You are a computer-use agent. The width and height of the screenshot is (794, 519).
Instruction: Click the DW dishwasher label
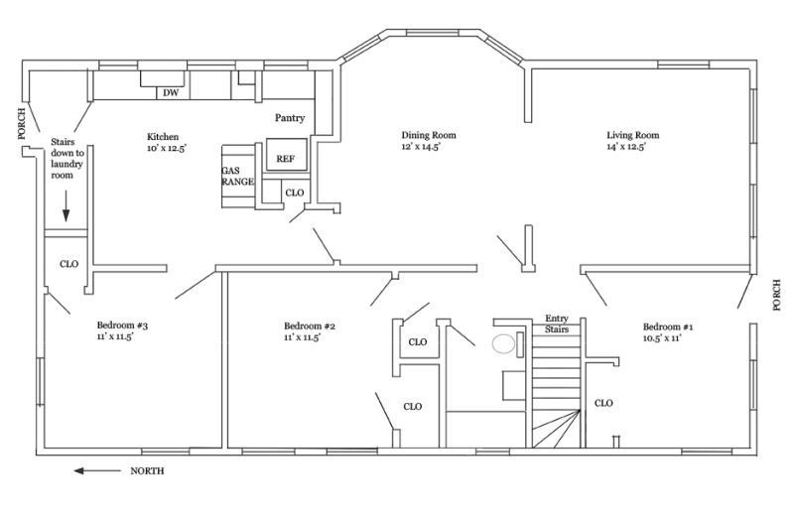(x=170, y=93)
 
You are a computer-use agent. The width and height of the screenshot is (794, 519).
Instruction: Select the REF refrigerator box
(x=286, y=158)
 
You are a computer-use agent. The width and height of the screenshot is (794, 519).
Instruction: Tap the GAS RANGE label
(x=237, y=176)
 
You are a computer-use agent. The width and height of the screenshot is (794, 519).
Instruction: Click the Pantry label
(x=290, y=118)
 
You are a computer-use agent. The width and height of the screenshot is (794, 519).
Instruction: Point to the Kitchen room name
(x=163, y=136)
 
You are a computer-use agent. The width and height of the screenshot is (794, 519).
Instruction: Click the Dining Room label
(x=428, y=135)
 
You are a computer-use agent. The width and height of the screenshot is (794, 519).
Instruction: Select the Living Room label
(x=633, y=135)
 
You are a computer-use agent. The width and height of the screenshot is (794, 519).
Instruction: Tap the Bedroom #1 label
(x=668, y=326)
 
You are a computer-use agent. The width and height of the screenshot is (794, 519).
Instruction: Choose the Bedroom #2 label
(x=310, y=326)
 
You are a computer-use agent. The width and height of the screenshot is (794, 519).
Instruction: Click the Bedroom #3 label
(x=122, y=325)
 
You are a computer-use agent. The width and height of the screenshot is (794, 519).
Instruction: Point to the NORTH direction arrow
(x=98, y=470)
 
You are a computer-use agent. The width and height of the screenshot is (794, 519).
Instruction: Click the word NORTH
(x=148, y=470)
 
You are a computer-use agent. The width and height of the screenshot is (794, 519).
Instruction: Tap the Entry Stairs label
(x=556, y=324)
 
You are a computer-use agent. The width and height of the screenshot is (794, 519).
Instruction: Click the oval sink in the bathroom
(x=505, y=345)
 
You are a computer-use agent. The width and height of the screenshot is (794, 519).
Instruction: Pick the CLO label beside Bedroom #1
(x=603, y=403)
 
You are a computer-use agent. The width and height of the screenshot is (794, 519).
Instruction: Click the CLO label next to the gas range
(x=295, y=193)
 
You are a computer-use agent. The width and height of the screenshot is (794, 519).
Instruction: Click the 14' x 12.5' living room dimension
(x=627, y=147)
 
